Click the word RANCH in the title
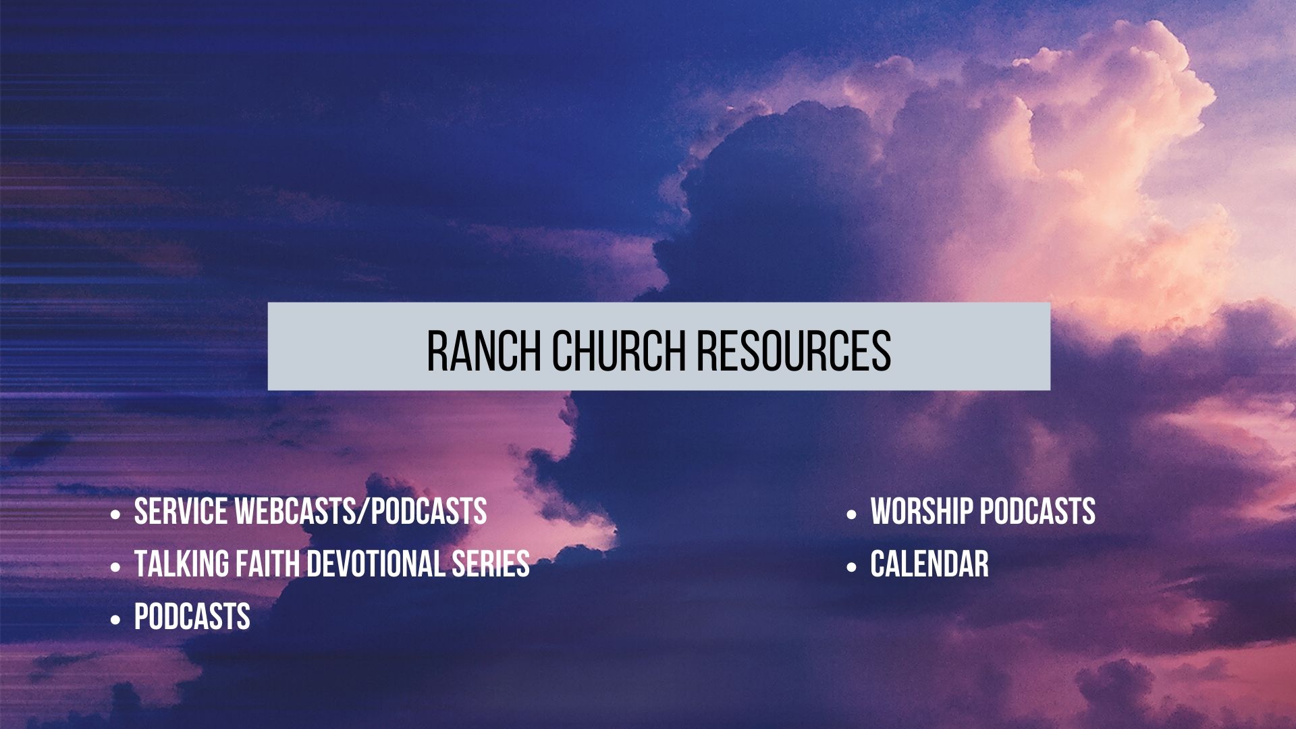point(483,350)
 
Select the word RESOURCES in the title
point(794,350)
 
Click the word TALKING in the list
point(181,564)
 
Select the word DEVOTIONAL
point(375,564)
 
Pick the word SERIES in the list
point(491,564)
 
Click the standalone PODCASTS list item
point(192,617)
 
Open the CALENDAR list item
point(929,564)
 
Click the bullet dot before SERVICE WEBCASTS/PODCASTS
point(115,515)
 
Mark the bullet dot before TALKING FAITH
point(115,568)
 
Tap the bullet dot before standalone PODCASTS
point(115,620)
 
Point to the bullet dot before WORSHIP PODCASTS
point(851,515)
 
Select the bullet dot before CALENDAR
point(851,568)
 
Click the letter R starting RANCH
point(437,350)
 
